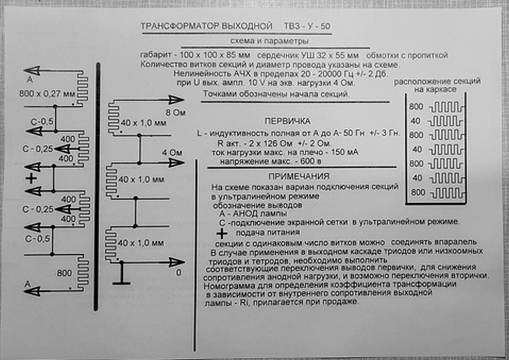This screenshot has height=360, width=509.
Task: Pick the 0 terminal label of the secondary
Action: [177, 272]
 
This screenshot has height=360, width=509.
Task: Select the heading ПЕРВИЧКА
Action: [286, 122]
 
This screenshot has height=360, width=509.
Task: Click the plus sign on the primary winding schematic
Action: [31, 179]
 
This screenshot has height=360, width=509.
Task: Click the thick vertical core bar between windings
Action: [98, 186]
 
